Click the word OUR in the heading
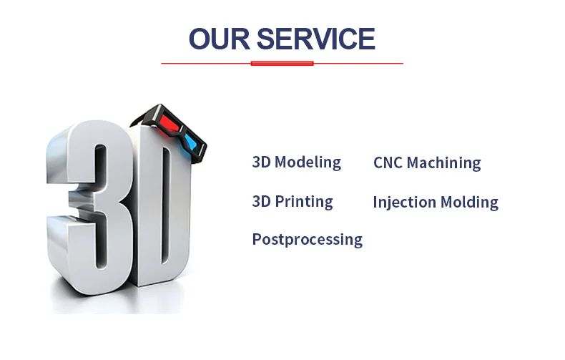220,39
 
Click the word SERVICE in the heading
316,39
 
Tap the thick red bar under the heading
282,64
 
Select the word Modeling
308,162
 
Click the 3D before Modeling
261,162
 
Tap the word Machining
444,163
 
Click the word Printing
304,202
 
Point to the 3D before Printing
261,201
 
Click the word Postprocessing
308,240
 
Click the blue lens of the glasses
191,142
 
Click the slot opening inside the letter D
166,205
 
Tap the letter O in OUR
200,39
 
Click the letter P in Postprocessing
257,239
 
